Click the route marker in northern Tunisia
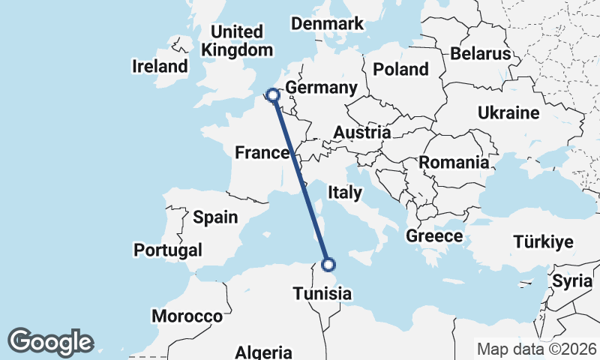tap(328, 264)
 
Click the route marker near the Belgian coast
tap(273, 95)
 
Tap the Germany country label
tap(321, 88)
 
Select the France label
tap(262, 153)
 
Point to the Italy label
tap(345, 193)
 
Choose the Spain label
tap(215, 217)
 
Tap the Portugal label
tap(168, 249)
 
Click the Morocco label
tap(187, 316)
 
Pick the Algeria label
tap(263, 352)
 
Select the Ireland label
tap(160, 66)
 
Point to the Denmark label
tap(327, 23)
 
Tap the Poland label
tap(401, 69)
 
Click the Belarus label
tap(480, 54)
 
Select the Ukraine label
tap(509, 113)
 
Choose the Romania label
tap(454, 162)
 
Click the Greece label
tap(434, 236)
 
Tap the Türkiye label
tap(543, 241)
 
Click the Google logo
tap(50, 342)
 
